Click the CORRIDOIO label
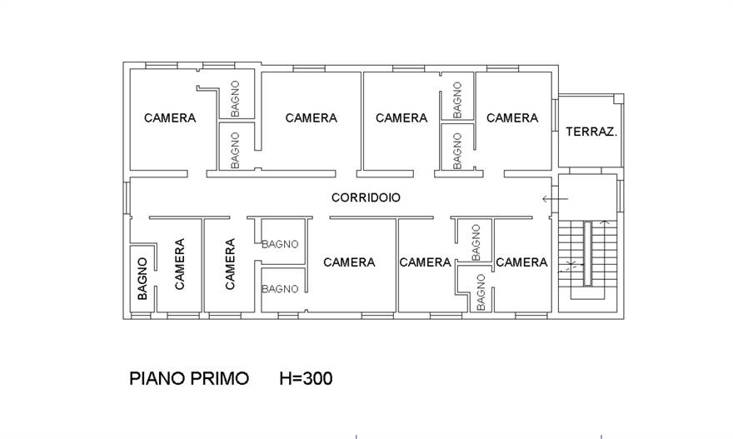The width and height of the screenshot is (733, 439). [366, 197]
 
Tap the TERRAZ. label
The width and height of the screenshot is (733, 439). [591, 132]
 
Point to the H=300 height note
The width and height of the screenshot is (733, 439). [306, 378]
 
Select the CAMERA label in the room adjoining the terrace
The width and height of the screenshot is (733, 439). [512, 117]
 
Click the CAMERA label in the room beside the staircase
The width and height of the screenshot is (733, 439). [521, 262]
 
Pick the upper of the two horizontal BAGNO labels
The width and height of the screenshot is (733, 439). [281, 244]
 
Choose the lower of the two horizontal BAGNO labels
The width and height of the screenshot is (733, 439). [281, 289]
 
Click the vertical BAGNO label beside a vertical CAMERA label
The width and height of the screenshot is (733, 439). [142, 278]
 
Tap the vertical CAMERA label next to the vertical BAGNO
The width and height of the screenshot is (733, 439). [179, 264]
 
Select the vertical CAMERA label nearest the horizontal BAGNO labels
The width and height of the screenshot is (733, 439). [230, 264]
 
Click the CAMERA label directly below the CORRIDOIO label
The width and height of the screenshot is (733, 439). [349, 262]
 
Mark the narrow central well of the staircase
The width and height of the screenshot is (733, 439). [587, 253]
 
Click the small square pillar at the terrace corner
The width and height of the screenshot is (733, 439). [617, 98]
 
